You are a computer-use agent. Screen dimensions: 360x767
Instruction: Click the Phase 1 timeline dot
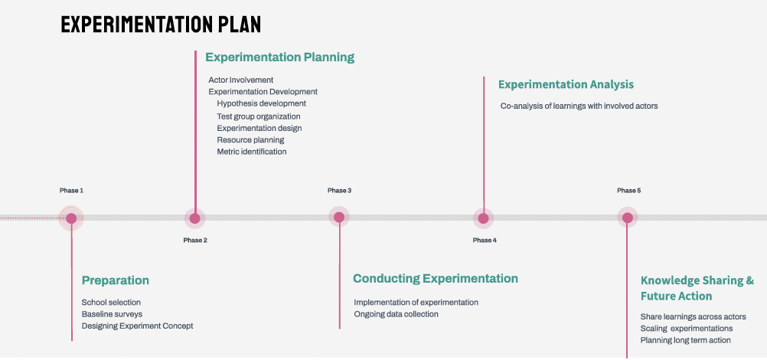coord(71,218)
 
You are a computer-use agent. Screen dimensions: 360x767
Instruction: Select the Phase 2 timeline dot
coord(195,218)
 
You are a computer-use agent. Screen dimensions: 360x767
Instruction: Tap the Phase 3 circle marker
coord(339,218)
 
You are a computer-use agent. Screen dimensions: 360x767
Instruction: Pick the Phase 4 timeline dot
coord(483,218)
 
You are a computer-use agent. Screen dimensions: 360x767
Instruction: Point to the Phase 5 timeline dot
coord(628,218)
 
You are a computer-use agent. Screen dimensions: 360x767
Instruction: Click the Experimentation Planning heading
coord(279,57)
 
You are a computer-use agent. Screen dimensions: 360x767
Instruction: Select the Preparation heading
coord(115,280)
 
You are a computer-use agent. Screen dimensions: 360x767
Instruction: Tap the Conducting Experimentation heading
coord(435,279)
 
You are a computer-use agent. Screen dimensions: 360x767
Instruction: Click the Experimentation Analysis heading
coord(566,85)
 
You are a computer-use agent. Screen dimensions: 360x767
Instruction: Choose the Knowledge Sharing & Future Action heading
coord(697,288)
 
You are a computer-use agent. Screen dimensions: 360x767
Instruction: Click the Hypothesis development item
coord(261,103)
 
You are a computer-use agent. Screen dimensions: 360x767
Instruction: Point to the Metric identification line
coord(251,152)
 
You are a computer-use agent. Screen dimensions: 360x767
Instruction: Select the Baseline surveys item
coord(112,314)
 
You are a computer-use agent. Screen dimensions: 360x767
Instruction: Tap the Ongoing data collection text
coord(396,314)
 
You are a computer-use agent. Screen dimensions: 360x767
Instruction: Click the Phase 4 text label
coord(485,241)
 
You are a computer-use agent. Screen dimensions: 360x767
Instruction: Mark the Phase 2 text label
coord(195,241)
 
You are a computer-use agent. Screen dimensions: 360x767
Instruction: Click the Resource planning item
coord(250,140)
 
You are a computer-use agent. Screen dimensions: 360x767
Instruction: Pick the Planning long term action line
coord(685,340)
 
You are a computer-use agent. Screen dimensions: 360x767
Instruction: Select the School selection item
coord(111,303)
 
